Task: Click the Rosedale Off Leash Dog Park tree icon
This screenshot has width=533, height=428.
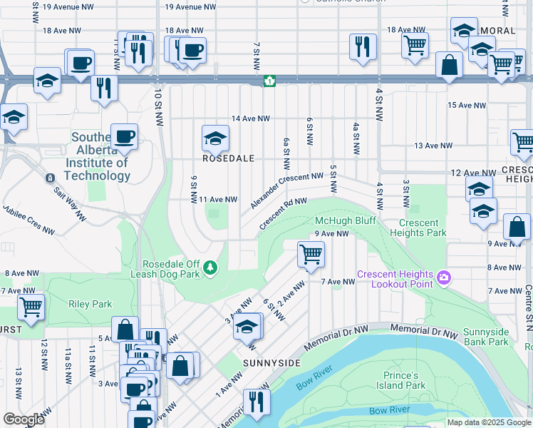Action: pyautogui.click(x=209, y=267)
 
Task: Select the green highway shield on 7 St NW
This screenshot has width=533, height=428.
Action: pyautogui.click(x=269, y=81)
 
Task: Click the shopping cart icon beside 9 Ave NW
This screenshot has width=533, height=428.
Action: pyautogui.click(x=311, y=254)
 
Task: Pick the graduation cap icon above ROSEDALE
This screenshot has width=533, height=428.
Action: pyautogui.click(x=214, y=138)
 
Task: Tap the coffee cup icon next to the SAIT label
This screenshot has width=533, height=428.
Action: pyautogui.click(x=124, y=136)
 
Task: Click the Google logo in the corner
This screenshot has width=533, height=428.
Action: pyautogui.click(x=24, y=419)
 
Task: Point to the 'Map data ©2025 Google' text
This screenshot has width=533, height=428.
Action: pyautogui.click(x=489, y=422)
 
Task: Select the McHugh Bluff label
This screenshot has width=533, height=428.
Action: pyautogui.click(x=345, y=220)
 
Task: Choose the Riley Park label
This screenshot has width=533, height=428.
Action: pyautogui.click(x=90, y=304)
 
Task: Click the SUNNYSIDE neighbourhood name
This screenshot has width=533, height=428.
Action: pyautogui.click(x=271, y=363)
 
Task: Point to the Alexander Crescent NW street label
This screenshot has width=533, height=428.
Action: pyautogui.click(x=287, y=190)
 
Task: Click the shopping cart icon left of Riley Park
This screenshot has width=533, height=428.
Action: pyautogui.click(x=31, y=307)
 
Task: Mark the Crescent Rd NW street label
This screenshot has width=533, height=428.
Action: pyautogui.click(x=282, y=214)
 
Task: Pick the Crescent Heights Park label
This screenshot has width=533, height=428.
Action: pyautogui.click(x=419, y=228)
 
